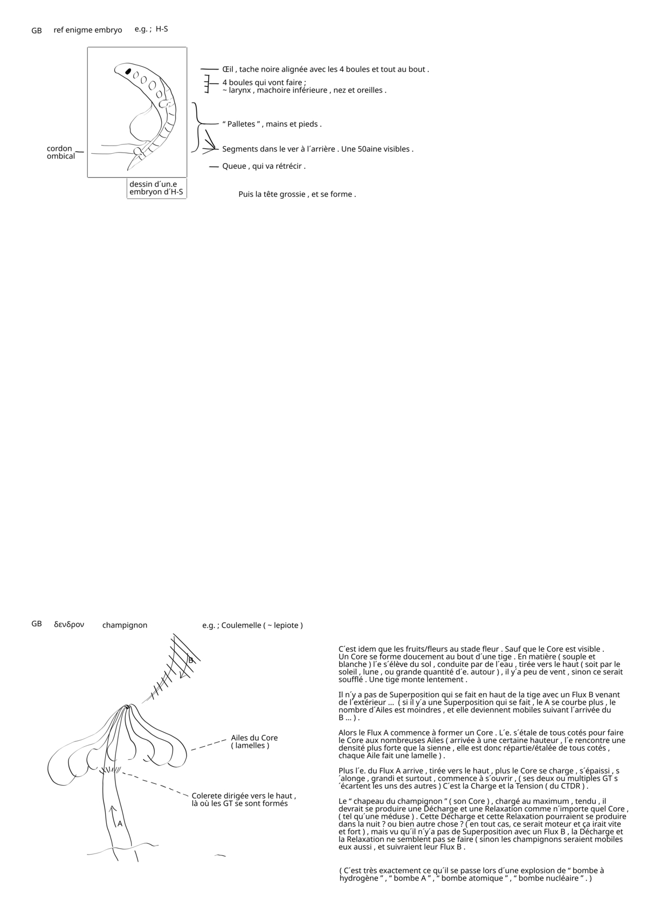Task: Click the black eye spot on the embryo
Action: [128, 71]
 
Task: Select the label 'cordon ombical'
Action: [60, 152]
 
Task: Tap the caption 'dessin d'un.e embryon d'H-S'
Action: [156, 188]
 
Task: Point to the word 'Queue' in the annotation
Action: [234, 166]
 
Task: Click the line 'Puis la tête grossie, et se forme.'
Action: [297, 194]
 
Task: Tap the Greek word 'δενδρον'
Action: [69, 624]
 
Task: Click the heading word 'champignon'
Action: [125, 625]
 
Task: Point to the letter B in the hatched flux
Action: [190, 660]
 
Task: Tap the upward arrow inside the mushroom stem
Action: [113, 815]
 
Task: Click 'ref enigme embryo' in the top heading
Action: [88, 30]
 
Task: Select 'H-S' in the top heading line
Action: [162, 29]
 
